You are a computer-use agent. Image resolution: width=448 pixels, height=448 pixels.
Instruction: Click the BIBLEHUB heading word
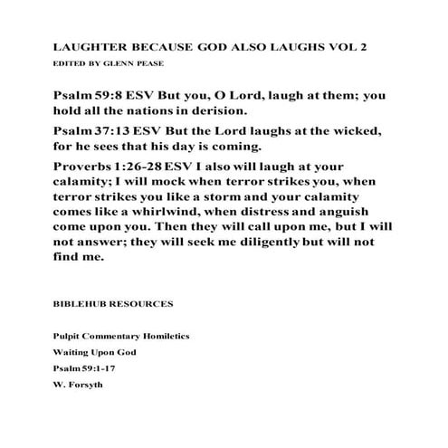(x=84, y=303)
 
